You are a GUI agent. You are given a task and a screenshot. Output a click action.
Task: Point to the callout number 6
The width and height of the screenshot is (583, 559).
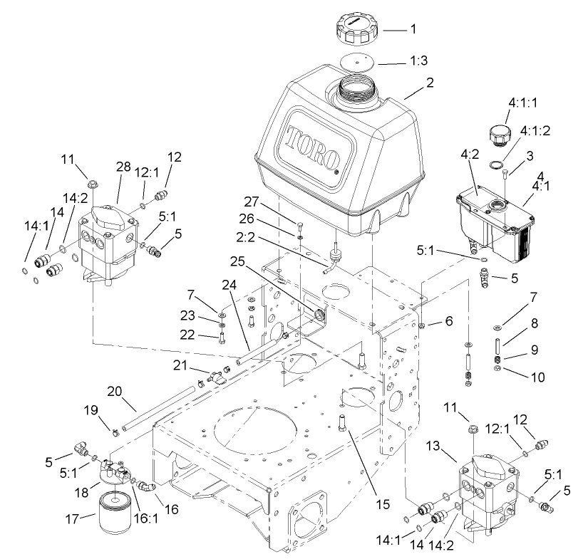(x=448, y=321)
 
